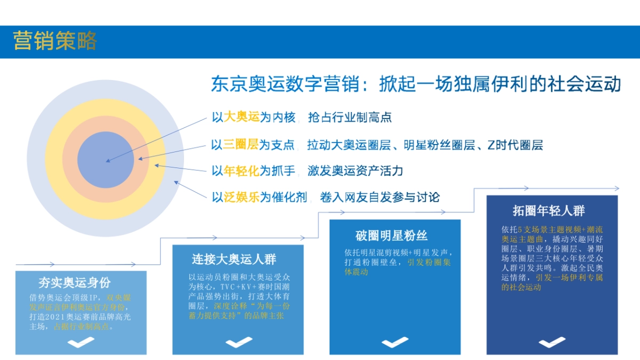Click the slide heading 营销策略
[x=55, y=41]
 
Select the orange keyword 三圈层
[x=241, y=145]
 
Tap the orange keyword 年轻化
[x=241, y=171]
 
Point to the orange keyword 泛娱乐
[x=241, y=197]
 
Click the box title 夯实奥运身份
[x=81, y=282]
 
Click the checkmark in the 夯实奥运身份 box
[x=81, y=342]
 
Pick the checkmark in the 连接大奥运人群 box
[x=238, y=342]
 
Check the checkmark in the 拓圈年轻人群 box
[x=552, y=342]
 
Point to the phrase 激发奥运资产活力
[x=355, y=171]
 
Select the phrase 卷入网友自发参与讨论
[x=380, y=197]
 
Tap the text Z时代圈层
[x=515, y=145]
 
